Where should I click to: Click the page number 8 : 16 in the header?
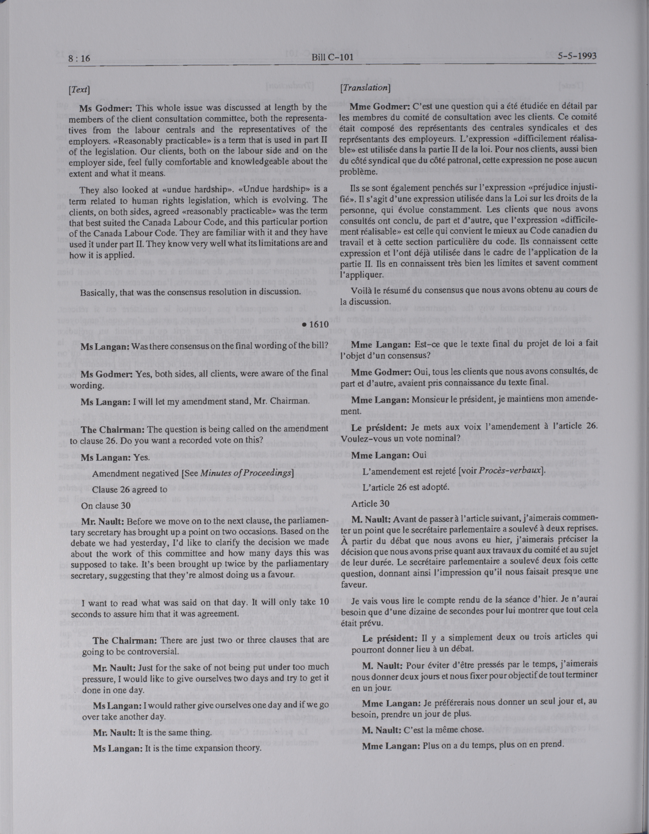click(x=78, y=58)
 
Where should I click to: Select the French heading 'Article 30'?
click(x=372, y=503)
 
